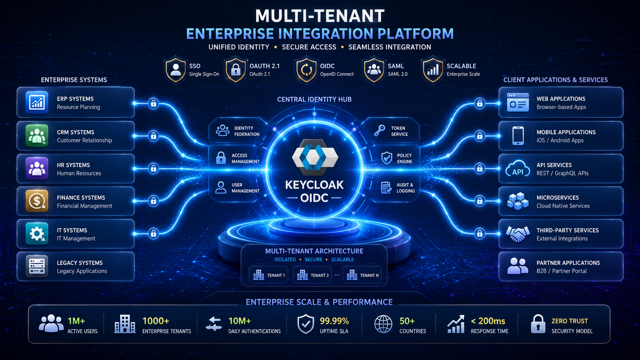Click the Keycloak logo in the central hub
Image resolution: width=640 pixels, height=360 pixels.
point(315,157)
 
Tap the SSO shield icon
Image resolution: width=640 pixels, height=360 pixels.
point(176,69)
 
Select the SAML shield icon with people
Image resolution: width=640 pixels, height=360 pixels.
point(374,69)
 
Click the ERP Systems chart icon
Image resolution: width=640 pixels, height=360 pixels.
point(37,102)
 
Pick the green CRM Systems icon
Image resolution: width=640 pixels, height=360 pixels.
point(37,135)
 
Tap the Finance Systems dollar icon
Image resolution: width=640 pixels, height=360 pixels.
point(37,201)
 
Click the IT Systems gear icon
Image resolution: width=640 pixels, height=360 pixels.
point(37,234)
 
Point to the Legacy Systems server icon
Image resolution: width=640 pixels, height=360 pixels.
point(37,266)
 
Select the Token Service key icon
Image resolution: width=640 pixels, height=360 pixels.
point(380,131)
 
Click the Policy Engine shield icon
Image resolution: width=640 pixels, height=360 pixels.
point(387,158)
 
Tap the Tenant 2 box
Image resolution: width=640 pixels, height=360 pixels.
point(312,275)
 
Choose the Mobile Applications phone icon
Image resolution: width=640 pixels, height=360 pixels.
point(518,135)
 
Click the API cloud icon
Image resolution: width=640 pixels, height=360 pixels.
point(518,168)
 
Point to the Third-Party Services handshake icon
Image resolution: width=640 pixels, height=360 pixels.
point(518,234)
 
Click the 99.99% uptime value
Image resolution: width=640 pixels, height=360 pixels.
point(334,321)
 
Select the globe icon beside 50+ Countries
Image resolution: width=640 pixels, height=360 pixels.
point(383,324)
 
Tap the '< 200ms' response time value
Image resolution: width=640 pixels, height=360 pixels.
point(488,321)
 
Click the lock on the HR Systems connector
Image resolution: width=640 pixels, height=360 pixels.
point(153,168)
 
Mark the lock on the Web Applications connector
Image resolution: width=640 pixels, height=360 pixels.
point(480,103)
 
